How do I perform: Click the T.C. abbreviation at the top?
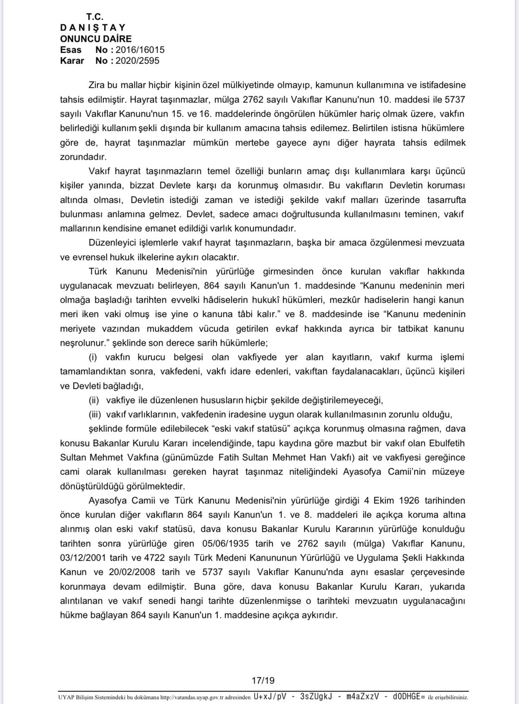click(95, 17)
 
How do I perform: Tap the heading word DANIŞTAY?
click(93, 28)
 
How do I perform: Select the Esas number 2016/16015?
click(140, 50)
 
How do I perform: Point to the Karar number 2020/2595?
click(137, 61)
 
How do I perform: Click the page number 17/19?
click(263, 680)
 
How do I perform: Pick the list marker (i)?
click(93, 357)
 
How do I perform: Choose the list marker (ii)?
click(94, 400)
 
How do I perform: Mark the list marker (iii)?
click(95, 414)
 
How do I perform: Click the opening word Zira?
click(96, 85)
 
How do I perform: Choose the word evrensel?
click(88, 257)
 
